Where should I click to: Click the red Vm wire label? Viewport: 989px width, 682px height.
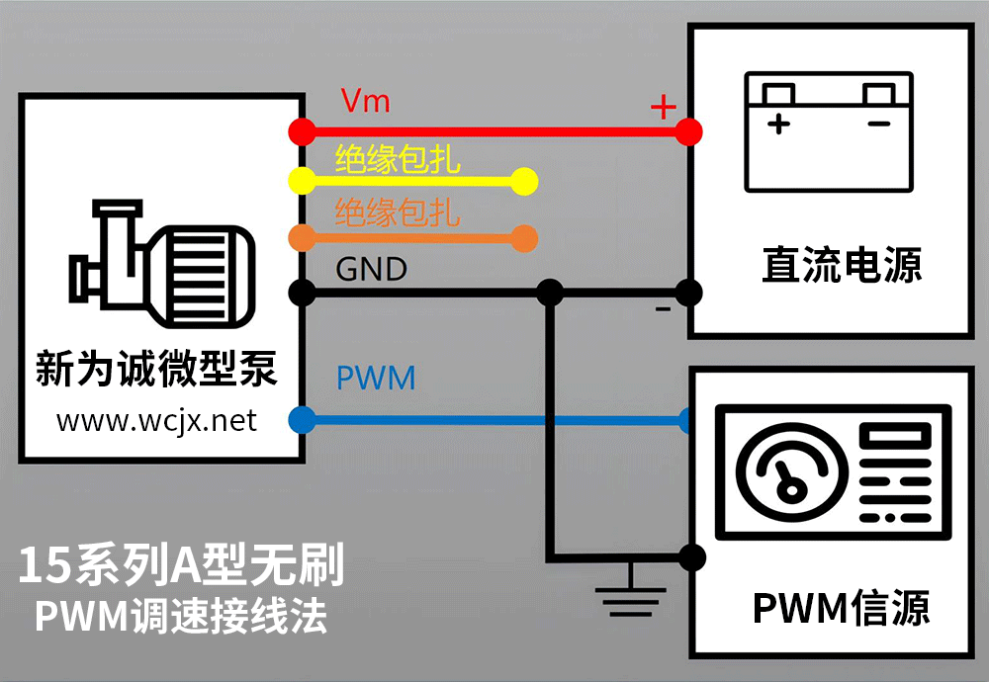365,101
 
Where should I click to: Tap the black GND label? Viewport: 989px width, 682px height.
372,269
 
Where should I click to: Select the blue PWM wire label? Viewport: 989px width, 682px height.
376,378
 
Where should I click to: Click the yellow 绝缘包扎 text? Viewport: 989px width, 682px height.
398,158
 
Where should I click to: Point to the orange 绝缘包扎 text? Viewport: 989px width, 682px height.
398,212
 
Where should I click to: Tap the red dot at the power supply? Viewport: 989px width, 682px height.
690,130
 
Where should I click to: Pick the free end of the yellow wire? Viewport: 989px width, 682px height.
525,181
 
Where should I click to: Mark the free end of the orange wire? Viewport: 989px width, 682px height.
525,238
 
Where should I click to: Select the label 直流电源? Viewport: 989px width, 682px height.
842,265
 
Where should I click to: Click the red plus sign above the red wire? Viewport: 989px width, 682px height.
663,106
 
